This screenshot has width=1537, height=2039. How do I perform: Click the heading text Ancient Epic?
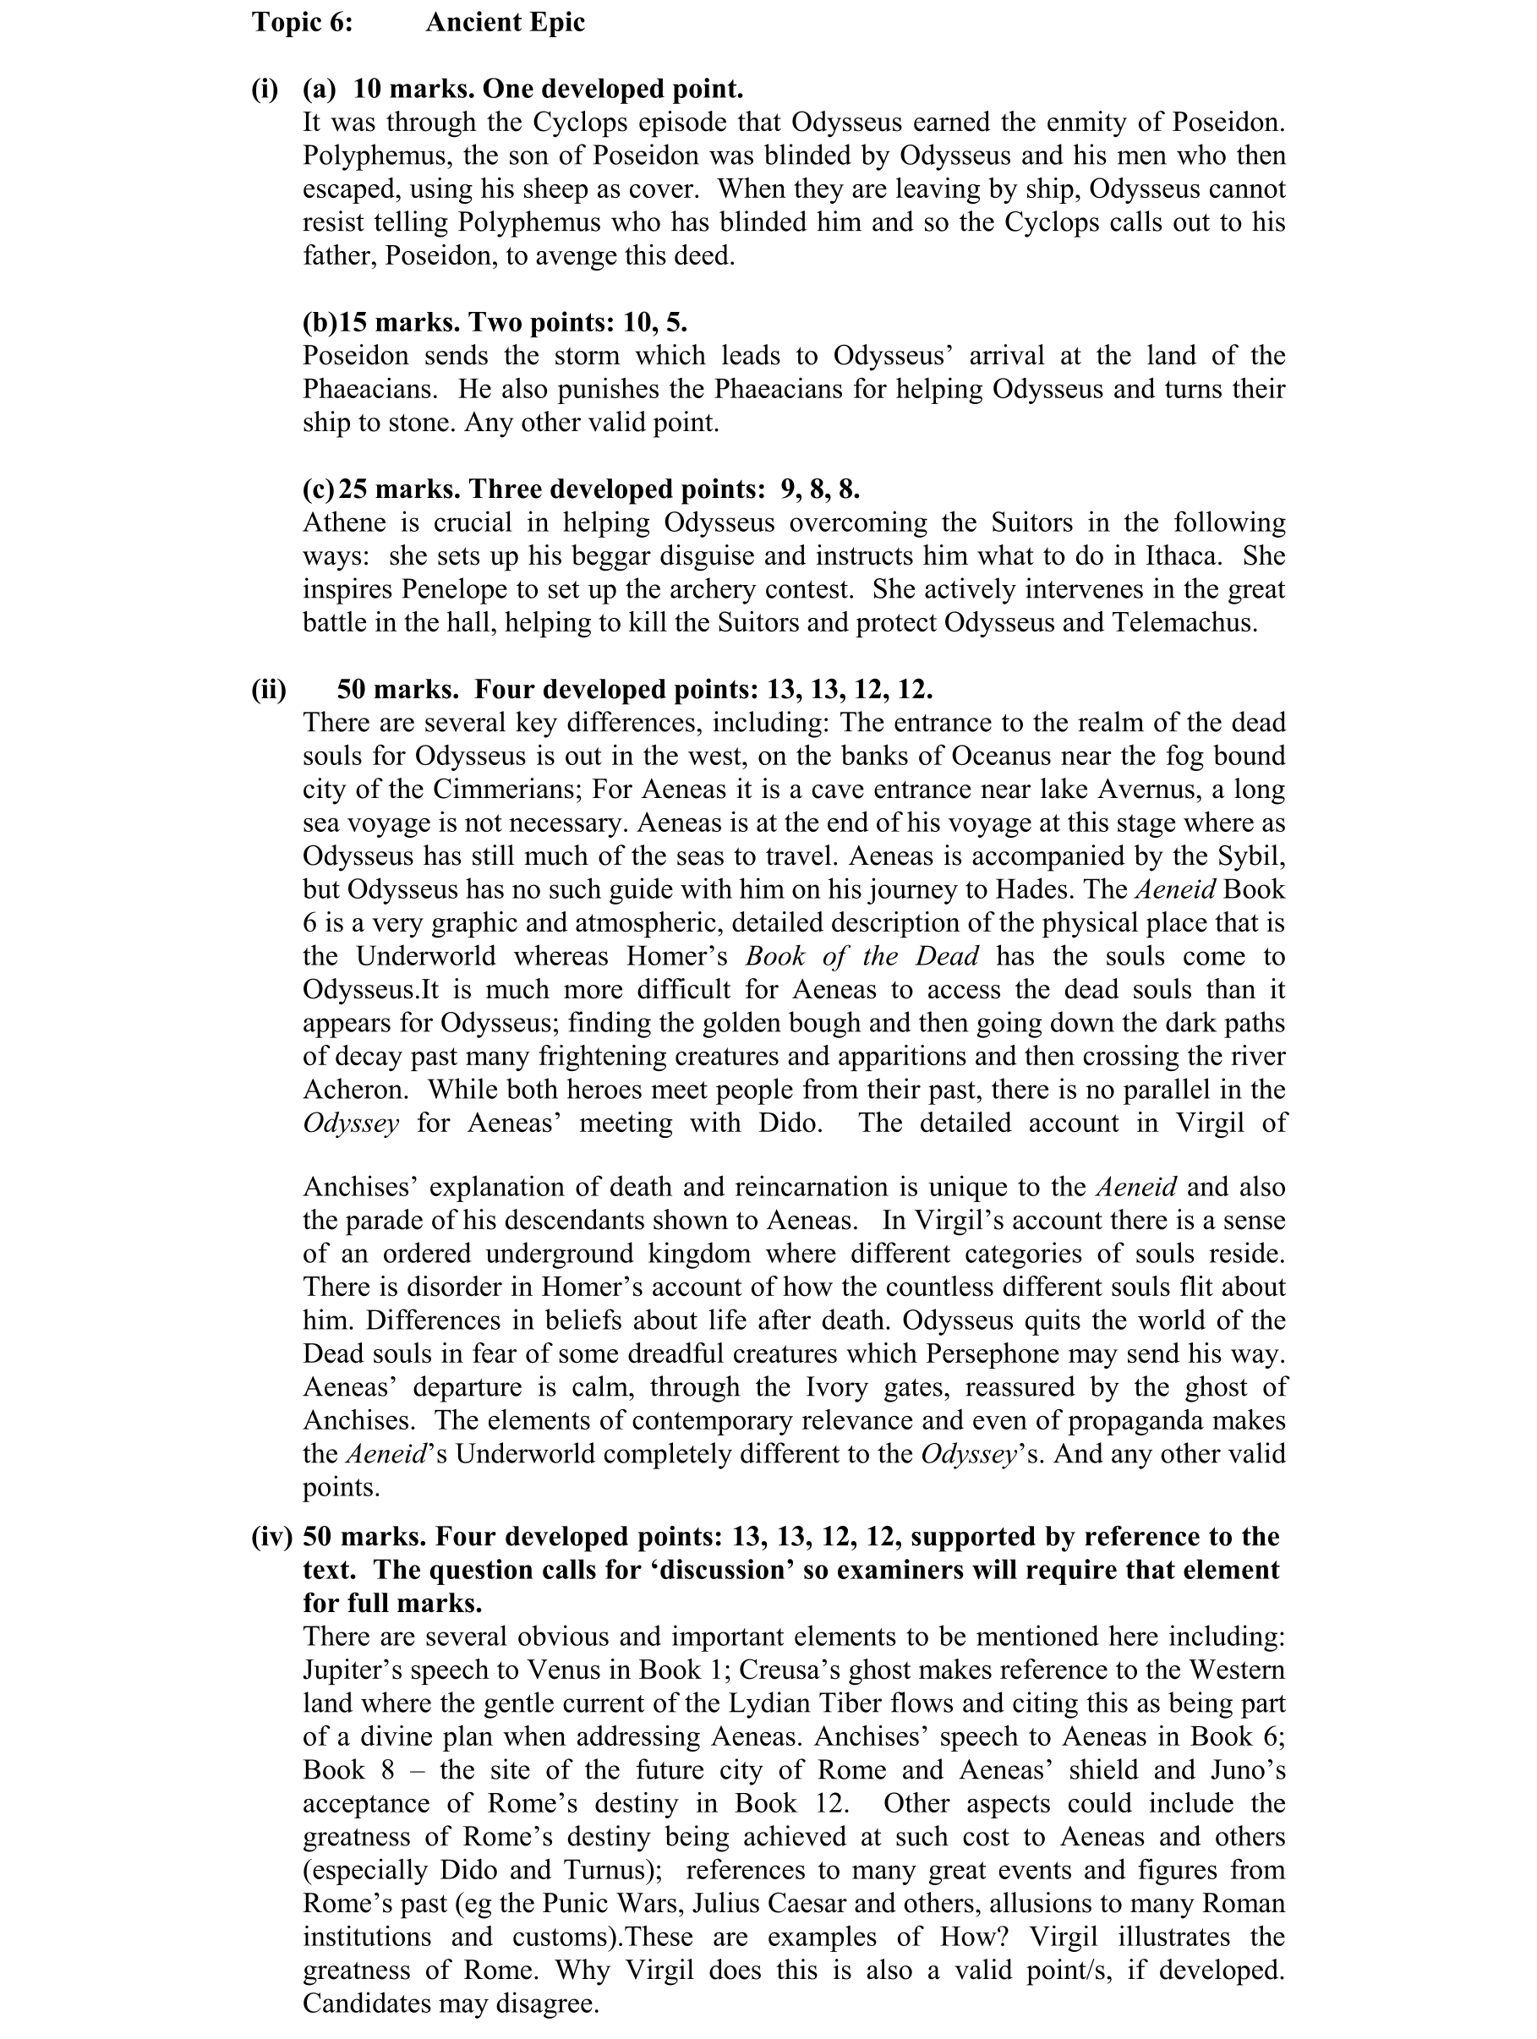[x=505, y=22]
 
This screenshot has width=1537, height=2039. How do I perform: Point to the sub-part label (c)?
[x=319, y=488]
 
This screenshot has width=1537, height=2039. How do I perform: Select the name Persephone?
[x=1004, y=1353]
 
